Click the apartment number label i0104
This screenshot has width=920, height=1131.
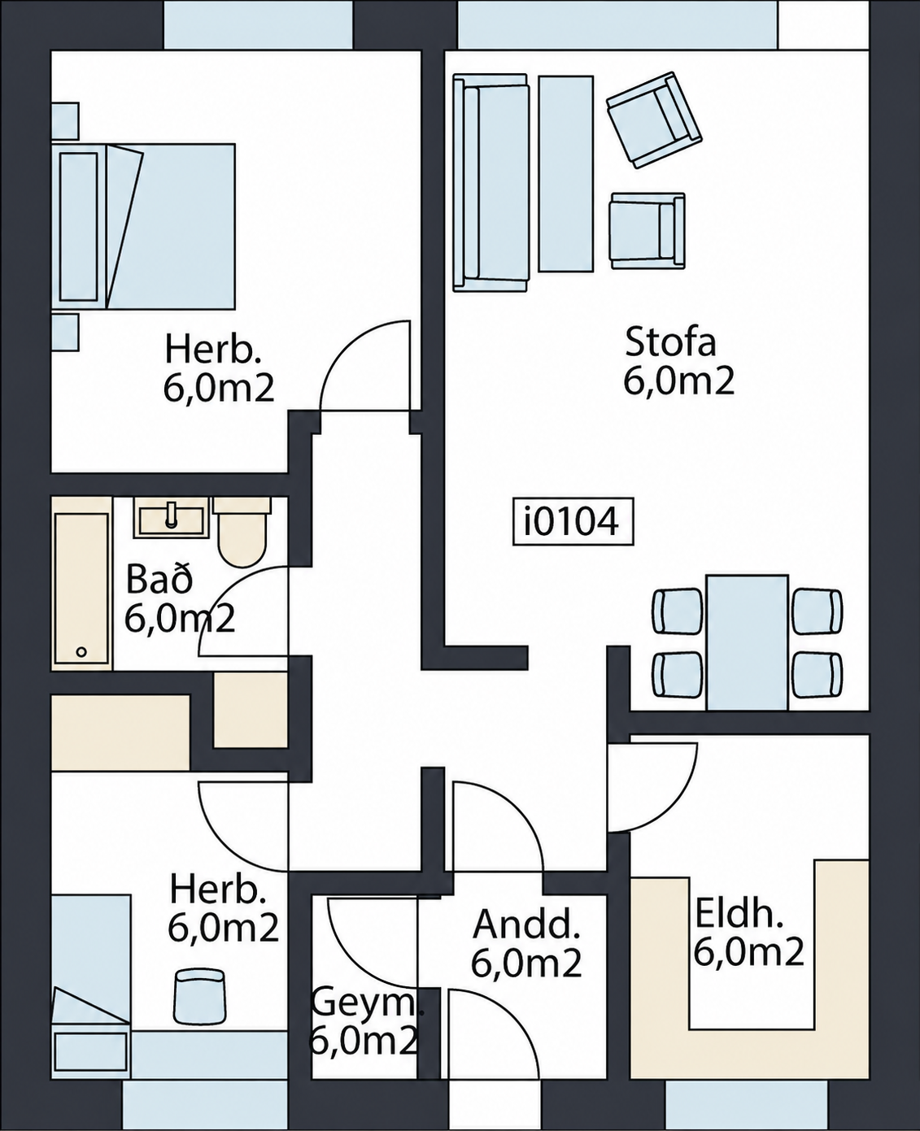[x=573, y=521]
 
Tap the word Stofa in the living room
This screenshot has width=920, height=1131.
[x=670, y=342]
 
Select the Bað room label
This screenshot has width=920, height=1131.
[x=159, y=580]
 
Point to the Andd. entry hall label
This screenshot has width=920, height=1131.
[x=525, y=924]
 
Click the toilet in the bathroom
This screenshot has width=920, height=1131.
[x=242, y=532]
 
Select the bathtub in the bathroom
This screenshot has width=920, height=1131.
[x=82, y=583]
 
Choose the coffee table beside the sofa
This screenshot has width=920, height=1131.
[x=565, y=174]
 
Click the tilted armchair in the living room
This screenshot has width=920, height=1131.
[x=654, y=120]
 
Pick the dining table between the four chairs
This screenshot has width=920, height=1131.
[x=747, y=642]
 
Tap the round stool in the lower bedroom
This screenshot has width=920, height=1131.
[x=200, y=995]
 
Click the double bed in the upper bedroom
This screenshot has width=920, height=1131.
[x=143, y=226]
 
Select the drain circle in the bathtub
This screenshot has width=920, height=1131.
[x=81, y=651]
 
